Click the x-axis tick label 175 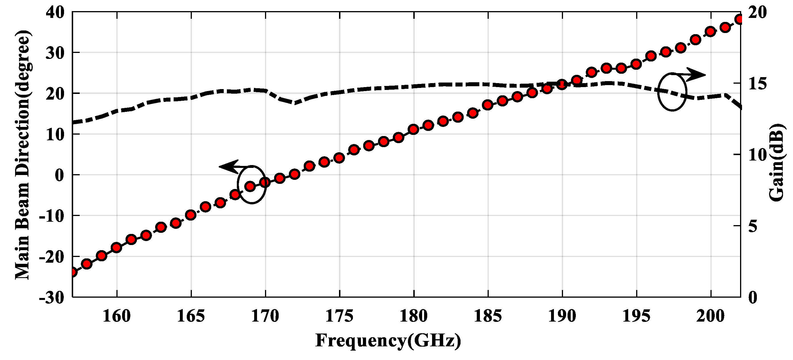pyautogui.click(x=339, y=316)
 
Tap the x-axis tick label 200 pyautogui.click(x=710, y=316)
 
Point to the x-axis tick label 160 pyautogui.click(x=117, y=316)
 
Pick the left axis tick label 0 pyautogui.click(x=59, y=175)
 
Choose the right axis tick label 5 pyautogui.click(x=753, y=227)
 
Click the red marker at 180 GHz pyautogui.click(x=413, y=129)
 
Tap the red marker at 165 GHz pyautogui.click(x=191, y=215)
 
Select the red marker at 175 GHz pyautogui.click(x=339, y=158)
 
